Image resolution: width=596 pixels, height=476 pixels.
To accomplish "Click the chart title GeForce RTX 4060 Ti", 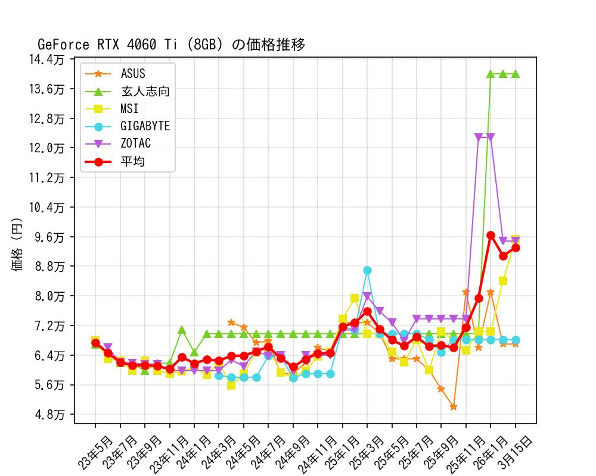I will pyautogui.click(x=171, y=45).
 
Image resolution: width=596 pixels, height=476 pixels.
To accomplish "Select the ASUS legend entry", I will pyautogui.click(x=133, y=74).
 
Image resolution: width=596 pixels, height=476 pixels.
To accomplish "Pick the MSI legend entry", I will pyautogui.click(x=129, y=109).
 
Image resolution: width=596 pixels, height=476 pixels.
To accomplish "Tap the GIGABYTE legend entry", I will pyautogui.click(x=145, y=126).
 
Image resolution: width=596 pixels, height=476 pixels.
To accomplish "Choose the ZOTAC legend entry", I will pyautogui.click(x=136, y=143).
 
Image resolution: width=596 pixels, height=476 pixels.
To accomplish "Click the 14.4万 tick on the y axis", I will pyautogui.click(x=50, y=59).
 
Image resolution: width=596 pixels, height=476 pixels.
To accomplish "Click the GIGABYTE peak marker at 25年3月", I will pyautogui.click(x=367, y=271).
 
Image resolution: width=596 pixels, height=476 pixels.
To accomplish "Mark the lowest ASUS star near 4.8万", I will pyautogui.click(x=454, y=407).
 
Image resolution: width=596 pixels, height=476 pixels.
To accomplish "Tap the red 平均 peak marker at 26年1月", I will pyautogui.click(x=491, y=236).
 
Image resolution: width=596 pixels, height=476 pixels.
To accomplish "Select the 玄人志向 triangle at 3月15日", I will pyautogui.click(x=516, y=74).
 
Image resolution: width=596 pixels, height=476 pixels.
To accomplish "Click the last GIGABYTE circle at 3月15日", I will pyautogui.click(x=516, y=340).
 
